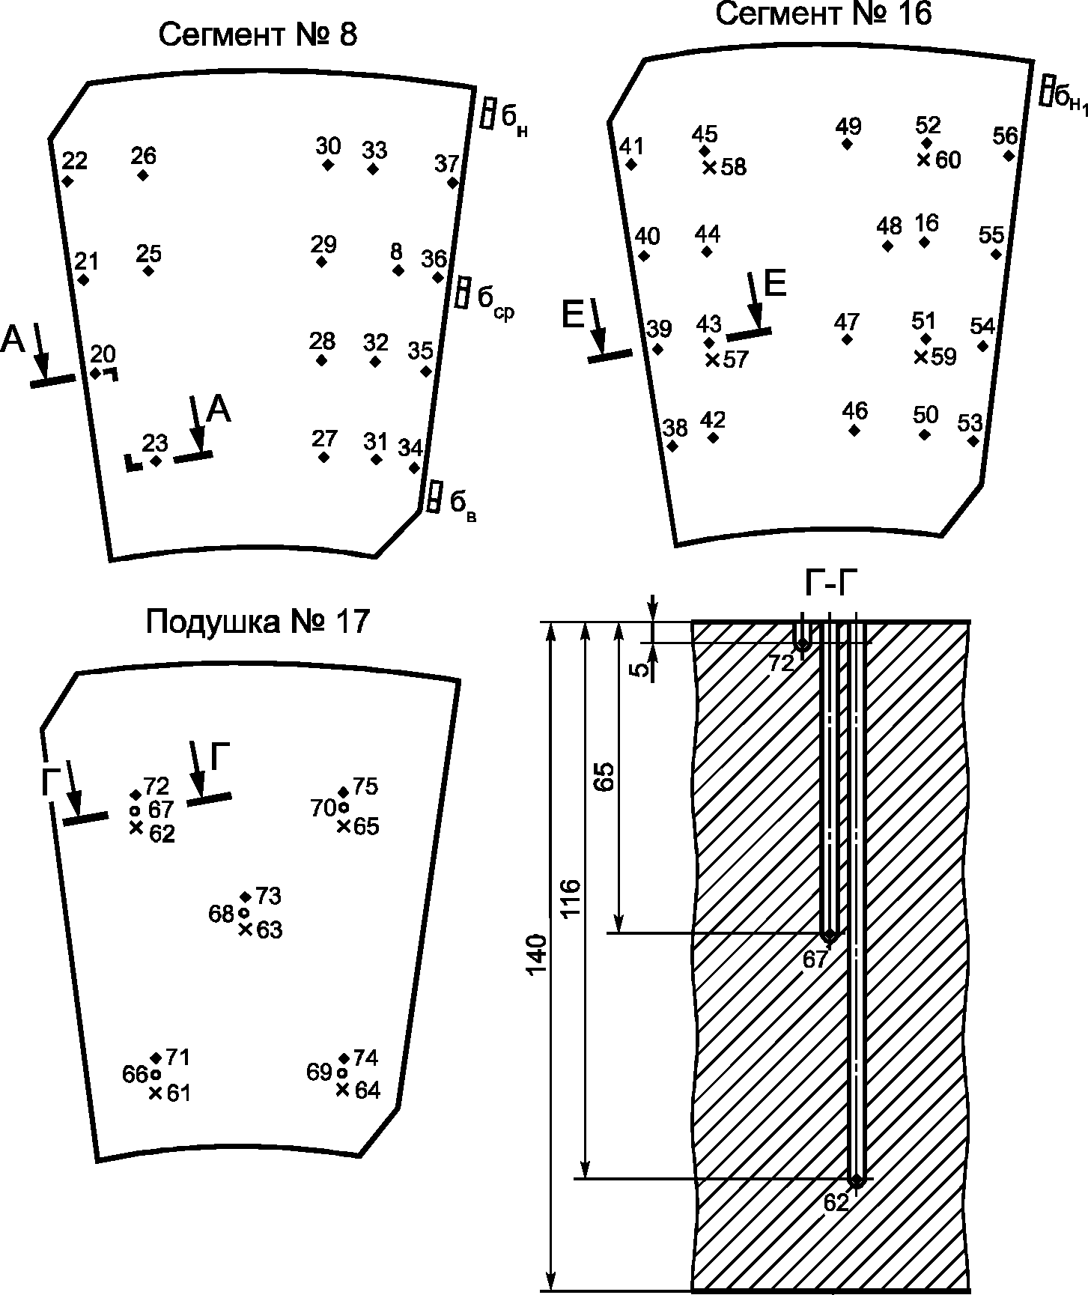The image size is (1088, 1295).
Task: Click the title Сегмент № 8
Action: pos(258,35)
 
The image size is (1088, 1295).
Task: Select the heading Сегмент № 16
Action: pos(824,13)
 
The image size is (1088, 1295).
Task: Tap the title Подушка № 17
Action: pos(258,622)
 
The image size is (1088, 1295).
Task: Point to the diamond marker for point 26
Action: pos(143,175)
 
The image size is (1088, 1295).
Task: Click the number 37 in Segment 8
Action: pos(447,163)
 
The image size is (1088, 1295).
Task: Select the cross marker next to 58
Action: pos(709,167)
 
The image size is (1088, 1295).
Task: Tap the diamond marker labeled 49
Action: pos(847,144)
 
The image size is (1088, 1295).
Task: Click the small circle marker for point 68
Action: pos(243,913)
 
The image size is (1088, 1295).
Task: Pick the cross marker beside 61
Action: pos(156,1094)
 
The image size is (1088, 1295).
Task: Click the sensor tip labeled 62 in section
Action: pos(857,1180)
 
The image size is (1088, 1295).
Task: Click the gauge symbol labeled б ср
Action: pos(463,291)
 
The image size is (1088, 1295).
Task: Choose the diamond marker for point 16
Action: pos(925,242)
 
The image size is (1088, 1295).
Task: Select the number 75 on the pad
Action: pos(365,786)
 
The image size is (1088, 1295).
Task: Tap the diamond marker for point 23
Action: pos(155,461)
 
